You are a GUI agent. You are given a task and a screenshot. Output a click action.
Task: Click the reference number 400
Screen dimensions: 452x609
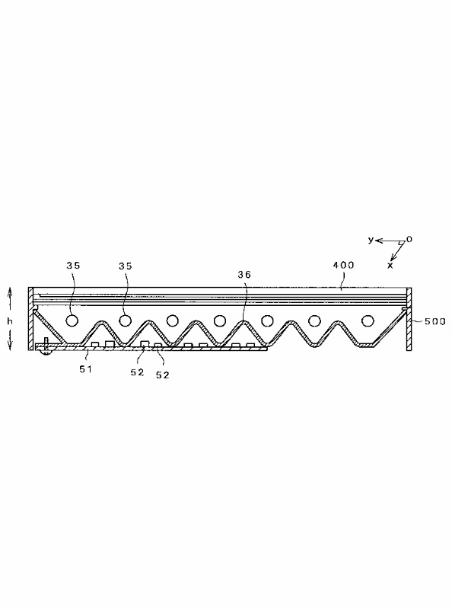tap(344, 265)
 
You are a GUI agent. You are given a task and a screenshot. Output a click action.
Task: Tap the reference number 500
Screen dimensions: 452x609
tap(435, 321)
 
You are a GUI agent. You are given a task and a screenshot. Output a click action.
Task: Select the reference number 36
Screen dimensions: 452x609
tap(244, 275)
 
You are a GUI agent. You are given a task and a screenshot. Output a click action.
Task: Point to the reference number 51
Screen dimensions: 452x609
tap(86, 369)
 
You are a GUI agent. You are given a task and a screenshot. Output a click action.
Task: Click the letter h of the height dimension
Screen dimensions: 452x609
tap(10, 321)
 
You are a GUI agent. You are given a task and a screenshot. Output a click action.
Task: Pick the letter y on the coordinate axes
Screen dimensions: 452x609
tap(371, 240)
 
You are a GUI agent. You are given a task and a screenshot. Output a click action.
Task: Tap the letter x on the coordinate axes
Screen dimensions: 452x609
tap(390, 266)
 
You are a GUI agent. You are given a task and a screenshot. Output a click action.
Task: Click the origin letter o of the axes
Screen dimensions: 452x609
tap(409, 239)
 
